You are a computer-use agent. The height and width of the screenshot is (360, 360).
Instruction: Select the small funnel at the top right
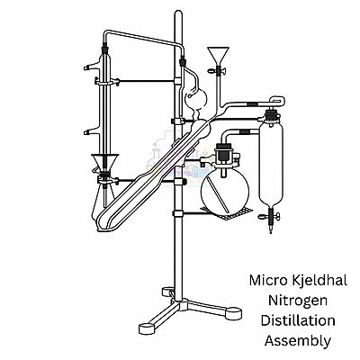[216, 56]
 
